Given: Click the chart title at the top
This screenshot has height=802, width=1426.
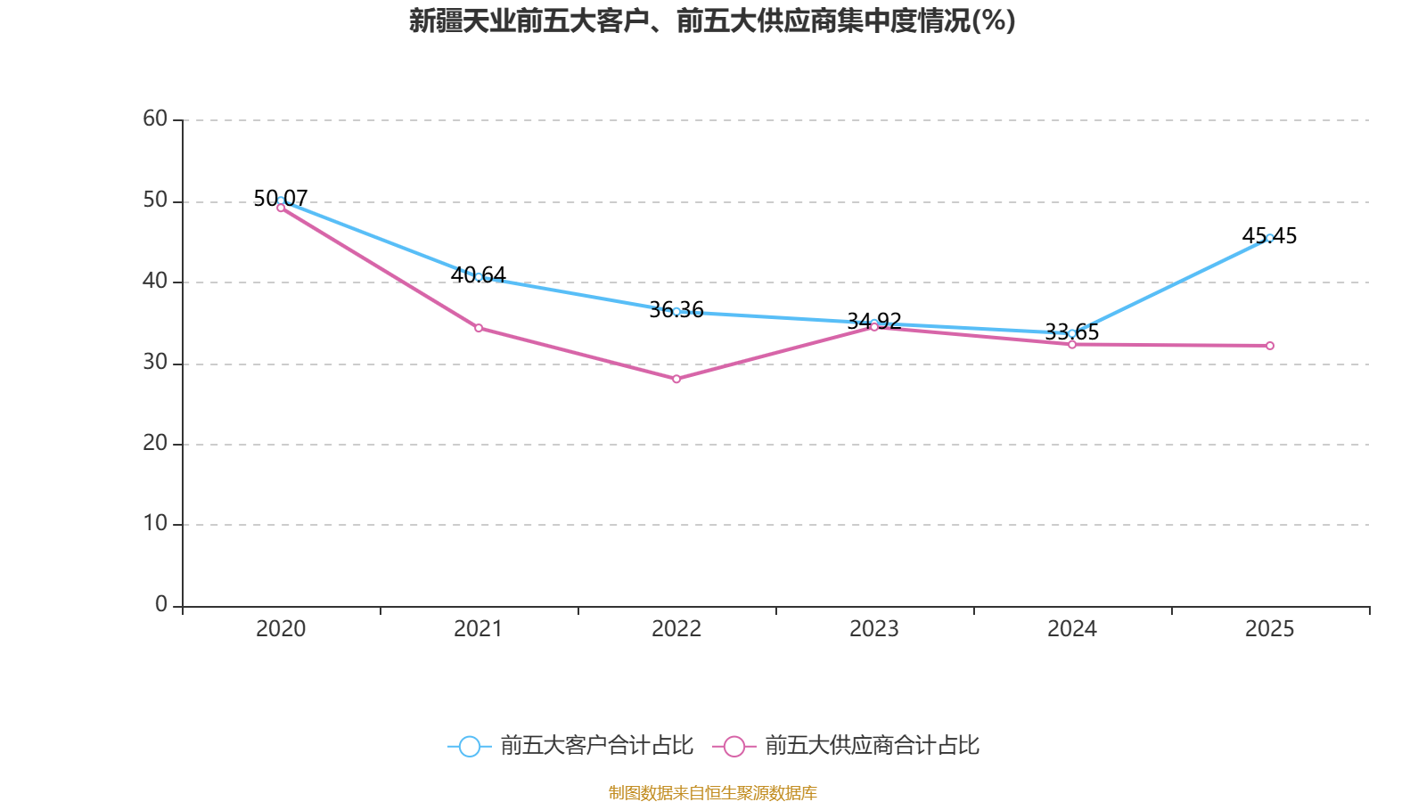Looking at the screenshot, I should coord(712,20).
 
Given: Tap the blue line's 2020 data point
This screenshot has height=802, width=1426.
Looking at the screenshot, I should coord(281,200).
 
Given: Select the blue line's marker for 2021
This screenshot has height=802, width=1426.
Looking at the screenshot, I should coord(479,277).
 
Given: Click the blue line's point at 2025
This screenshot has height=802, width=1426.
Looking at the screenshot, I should coord(1270,238).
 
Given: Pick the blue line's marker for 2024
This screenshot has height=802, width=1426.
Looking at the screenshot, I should coord(1072,333).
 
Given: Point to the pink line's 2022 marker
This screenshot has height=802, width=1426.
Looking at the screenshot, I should coord(676,380).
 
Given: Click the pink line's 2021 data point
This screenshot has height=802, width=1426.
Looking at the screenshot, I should coord(479,328).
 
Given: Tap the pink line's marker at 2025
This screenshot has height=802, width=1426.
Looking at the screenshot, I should coord(1270,346).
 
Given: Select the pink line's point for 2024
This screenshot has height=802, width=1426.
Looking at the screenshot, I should coord(1072,345).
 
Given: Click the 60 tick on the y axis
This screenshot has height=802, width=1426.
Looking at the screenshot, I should coord(155,119).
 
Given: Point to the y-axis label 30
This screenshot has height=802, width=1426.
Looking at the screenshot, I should coord(155,362).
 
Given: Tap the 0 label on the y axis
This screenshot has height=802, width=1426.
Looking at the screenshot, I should coord(161,605).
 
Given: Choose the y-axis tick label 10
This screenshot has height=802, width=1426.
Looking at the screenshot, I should coord(155,524).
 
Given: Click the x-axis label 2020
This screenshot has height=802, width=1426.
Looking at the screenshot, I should coord(281,629).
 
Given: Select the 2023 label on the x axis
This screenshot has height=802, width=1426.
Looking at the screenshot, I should coord(874,629).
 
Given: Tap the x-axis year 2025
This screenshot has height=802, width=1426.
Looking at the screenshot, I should coord(1270,629).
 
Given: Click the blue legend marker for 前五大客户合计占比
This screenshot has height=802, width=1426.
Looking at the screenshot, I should coord(469,746).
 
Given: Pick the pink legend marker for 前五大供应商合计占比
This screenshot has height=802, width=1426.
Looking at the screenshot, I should coord(733,746).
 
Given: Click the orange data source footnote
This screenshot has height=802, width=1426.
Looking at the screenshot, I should coord(712,792).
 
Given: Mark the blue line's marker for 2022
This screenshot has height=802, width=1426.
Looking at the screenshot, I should coord(676,312).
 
